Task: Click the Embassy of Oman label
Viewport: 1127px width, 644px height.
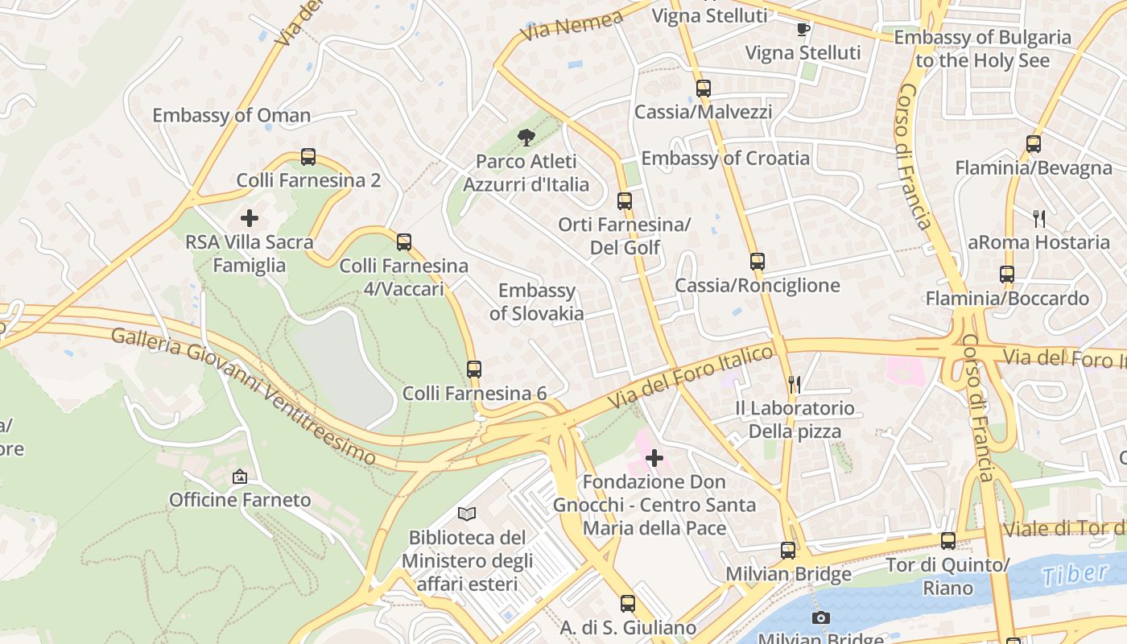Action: [231, 115]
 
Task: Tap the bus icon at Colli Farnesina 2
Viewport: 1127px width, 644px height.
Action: [308, 157]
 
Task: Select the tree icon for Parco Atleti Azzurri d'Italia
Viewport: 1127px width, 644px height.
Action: [526, 138]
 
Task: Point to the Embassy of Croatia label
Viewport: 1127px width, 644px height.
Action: [725, 158]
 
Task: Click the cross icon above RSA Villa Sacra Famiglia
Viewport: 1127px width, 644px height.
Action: [250, 217]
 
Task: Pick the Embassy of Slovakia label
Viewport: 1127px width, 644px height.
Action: [536, 302]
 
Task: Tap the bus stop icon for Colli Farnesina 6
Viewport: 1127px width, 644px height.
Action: [474, 369]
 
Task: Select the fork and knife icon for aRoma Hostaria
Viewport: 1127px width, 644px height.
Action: [1039, 218]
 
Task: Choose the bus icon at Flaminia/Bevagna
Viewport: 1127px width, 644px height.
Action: [1034, 144]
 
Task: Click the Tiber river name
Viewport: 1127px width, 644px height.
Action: [1074, 575]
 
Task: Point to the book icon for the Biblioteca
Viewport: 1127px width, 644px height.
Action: [467, 514]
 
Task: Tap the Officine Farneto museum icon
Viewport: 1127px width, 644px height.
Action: [239, 477]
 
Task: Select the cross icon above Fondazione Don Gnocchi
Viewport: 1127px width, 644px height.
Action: [654, 458]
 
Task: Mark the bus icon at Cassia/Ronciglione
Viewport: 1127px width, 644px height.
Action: [758, 262]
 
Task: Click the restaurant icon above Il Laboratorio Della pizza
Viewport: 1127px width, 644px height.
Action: [795, 385]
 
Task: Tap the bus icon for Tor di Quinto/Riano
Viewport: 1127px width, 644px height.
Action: [948, 541]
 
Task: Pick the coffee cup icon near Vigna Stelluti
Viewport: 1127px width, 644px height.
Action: [802, 30]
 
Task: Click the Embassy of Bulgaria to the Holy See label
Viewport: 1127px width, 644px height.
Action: [983, 48]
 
